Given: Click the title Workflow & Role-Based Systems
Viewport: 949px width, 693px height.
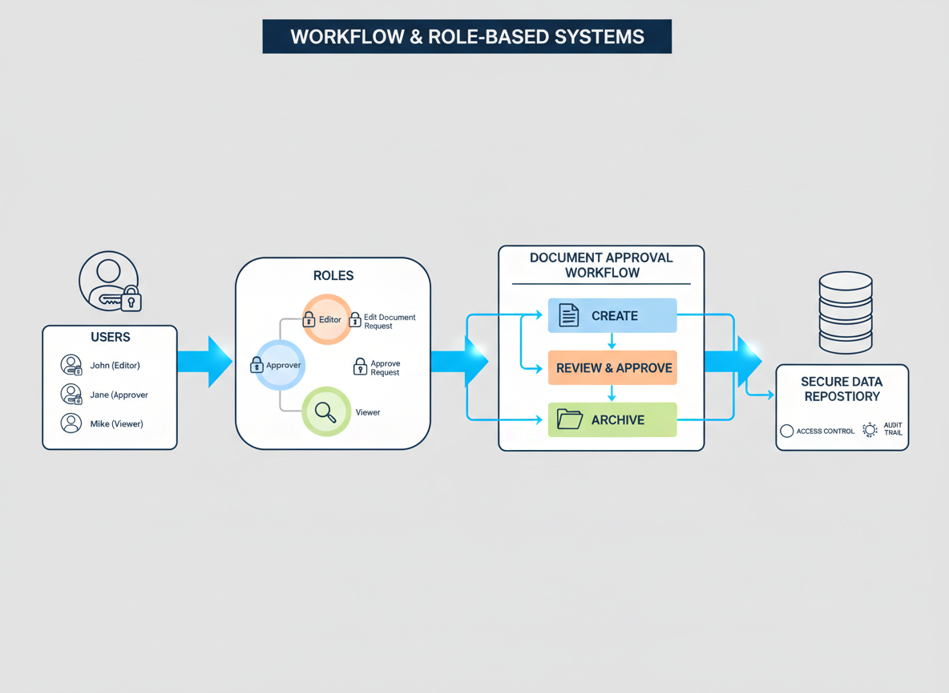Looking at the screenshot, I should (x=466, y=37).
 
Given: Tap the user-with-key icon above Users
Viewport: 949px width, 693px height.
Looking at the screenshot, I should (x=110, y=282).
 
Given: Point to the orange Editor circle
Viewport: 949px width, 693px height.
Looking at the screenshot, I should (x=326, y=319).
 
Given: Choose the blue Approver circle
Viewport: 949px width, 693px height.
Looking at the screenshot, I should (x=278, y=365).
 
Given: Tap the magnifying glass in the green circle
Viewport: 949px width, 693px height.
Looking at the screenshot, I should (x=325, y=411).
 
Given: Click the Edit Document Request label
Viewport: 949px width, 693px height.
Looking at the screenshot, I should (x=389, y=322).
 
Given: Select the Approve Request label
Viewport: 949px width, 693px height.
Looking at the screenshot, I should (x=385, y=368).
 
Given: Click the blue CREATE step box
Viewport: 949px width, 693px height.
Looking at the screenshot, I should (x=612, y=315).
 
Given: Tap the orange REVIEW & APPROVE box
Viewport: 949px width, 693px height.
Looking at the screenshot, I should (x=612, y=368).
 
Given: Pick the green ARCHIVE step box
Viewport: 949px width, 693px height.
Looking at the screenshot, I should (x=612, y=419).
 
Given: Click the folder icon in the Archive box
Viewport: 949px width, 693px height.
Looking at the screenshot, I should (x=569, y=419).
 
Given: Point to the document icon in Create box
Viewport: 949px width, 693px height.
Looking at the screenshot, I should (x=568, y=315).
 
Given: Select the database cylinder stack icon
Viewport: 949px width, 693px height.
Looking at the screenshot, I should (x=845, y=312).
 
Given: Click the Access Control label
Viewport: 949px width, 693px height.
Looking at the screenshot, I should (x=825, y=432).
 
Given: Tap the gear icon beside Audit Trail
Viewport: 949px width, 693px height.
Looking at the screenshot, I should (x=870, y=431).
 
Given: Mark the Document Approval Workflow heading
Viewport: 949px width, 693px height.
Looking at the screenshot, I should (x=601, y=265).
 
